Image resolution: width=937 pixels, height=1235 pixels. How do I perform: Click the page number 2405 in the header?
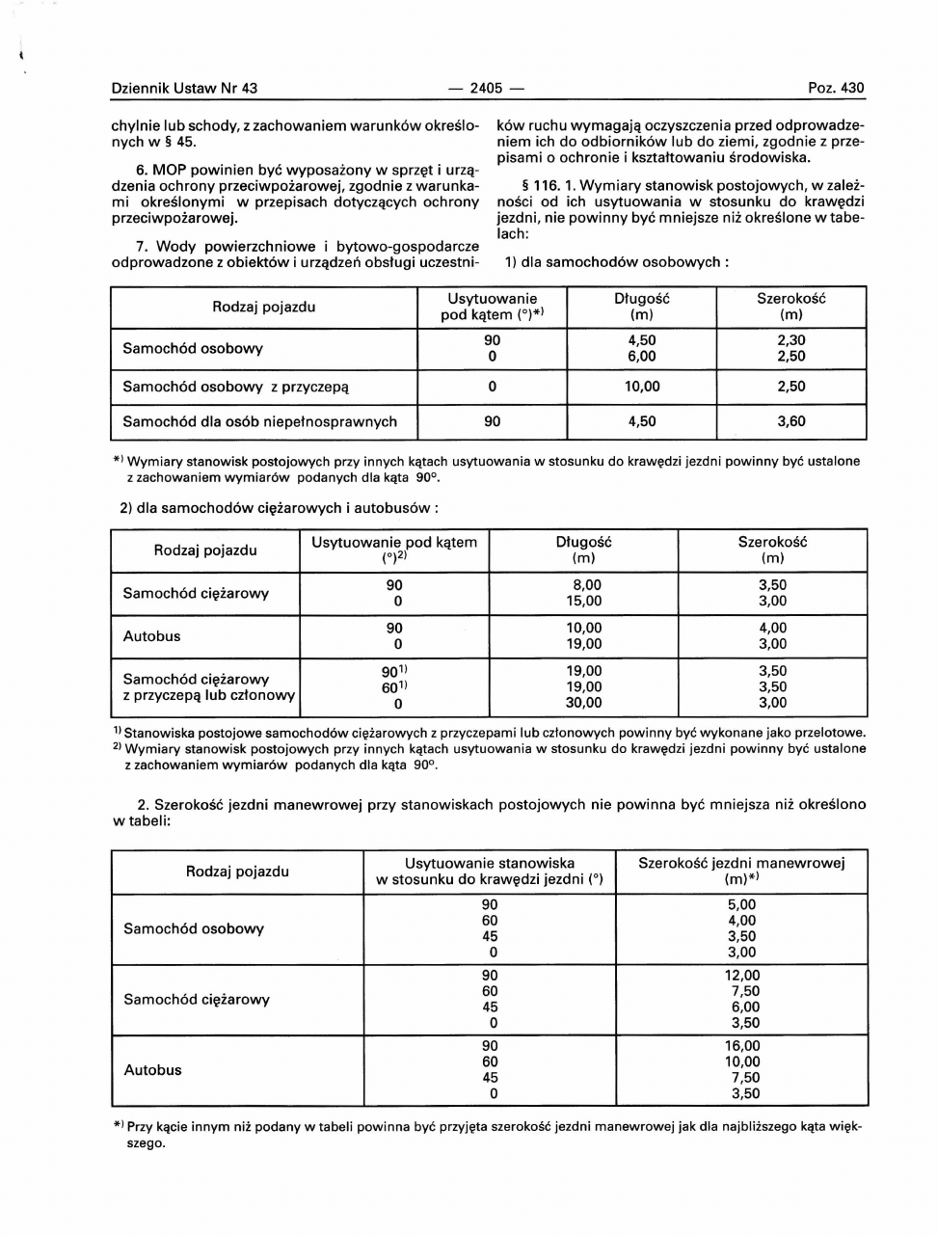(487, 89)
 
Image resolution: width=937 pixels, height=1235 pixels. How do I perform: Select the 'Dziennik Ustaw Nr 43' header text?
(184, 89)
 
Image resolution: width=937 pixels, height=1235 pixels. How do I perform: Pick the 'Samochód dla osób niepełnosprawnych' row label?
(259, 421)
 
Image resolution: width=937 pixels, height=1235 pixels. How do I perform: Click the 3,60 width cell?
(791, 421)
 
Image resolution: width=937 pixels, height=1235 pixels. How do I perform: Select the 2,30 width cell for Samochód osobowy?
(791, 340)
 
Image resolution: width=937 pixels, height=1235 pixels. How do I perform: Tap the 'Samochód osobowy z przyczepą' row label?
(235, 387)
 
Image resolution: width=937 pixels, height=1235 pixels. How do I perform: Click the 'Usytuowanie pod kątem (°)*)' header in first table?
(492, 307)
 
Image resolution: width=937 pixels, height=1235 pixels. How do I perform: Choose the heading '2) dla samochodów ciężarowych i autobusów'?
(280, 507)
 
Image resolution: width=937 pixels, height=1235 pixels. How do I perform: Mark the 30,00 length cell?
(583, 703)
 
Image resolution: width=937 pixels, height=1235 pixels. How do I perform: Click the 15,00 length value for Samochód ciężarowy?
(583, 601)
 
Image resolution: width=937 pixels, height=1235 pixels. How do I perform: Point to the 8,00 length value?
(586, 585)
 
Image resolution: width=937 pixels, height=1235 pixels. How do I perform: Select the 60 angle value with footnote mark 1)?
(393, 687)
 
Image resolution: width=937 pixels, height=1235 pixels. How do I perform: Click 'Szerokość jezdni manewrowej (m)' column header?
(741, 872)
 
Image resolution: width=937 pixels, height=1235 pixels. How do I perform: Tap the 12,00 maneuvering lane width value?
(742, 976)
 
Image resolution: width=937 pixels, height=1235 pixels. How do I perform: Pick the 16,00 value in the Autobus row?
(742, 1046)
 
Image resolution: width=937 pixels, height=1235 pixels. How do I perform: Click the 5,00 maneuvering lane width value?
(742, 905)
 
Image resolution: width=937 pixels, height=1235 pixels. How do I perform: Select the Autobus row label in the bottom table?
(152, 1070)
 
